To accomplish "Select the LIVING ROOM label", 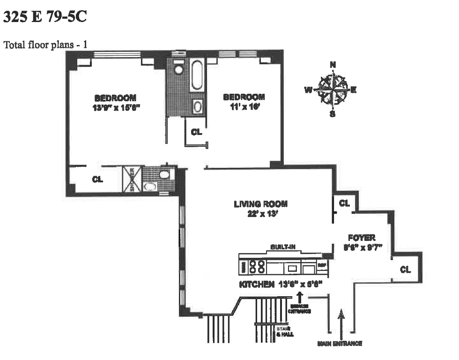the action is coord(260,204).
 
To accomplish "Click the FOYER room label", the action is coord(362,238).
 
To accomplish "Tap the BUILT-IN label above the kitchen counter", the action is coord(283,247).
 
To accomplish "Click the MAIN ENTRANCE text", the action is coord(340,344).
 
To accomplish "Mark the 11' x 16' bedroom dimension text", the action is coord(244,106).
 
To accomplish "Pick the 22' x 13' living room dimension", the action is coord(260,214).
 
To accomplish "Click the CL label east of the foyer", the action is coord(405,270).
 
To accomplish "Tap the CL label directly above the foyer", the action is coord(344,203).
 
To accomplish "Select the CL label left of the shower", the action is coord(97,179).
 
